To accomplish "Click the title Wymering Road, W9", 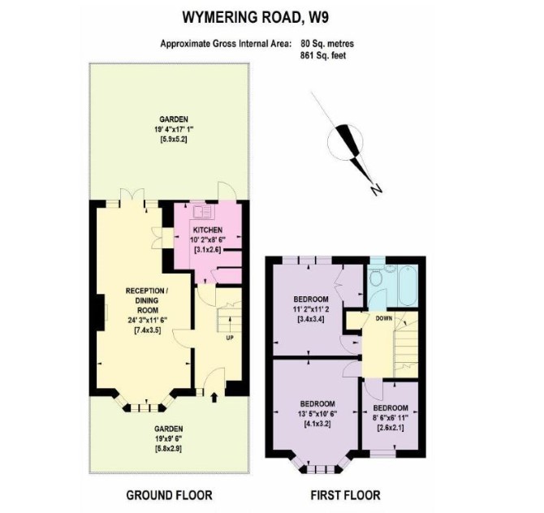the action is pyautogui.click(x=255, y=17).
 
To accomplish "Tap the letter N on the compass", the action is pyautogui.click(x=376, y=190).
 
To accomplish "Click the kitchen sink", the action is pyautogui.click(x=202, y=212).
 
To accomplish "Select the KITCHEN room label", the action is pyautogui.click(x=208, y=230).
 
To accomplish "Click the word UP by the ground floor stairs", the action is pyautogui.click(x=230, y=338).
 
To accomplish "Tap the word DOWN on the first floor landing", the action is pyautogui.click(x=384, y=318).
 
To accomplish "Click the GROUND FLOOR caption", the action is pyautogui.click(x=169, y=495).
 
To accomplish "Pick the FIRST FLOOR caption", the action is pyautogui.click(x=345, y=495).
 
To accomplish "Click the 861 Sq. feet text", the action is pyautogui.click(x=323, y=55).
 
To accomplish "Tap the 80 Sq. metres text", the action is pyautogui.click(x=327, y=44).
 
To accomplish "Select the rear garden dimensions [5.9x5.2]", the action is pyautogui.click(x=174, y=140).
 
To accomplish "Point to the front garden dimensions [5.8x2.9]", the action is pyautogui.click(x=169, y=449).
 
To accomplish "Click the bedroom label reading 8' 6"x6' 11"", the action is pyautogui.click(x=391, y=418).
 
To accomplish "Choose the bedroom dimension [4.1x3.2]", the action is pyautogui.click(x=317, y=424).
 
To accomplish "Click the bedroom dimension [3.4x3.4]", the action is pyautogui.click(x=311, y=319).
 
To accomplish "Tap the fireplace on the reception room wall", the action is pyautogui.click(x=101, y=313).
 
